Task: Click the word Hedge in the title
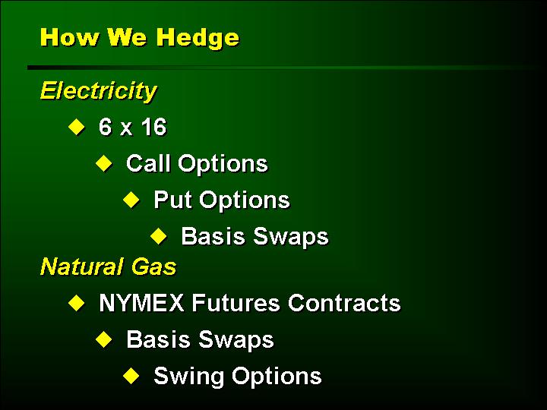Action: tap(198, 39)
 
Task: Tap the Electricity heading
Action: tap(98, 91)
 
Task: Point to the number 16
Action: tap(153, 127)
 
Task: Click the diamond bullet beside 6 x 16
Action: tap(76, 127)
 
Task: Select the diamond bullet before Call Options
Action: tap(103, 163)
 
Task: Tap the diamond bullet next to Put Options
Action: tap(131, 200)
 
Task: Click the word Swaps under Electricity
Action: tap(291, 237)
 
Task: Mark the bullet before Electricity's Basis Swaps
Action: tap(159, 236)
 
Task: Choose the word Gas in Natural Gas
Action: tap(153, 267)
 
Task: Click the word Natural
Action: tap(81, 266)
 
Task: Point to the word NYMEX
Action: tap(141, 303)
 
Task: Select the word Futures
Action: tap(236, 303)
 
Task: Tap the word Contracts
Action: tap(344, 303)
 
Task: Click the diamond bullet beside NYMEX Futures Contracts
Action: tap(76, 303)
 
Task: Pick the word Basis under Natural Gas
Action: tap(158, 339)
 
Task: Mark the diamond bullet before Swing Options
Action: tap(131, 376)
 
